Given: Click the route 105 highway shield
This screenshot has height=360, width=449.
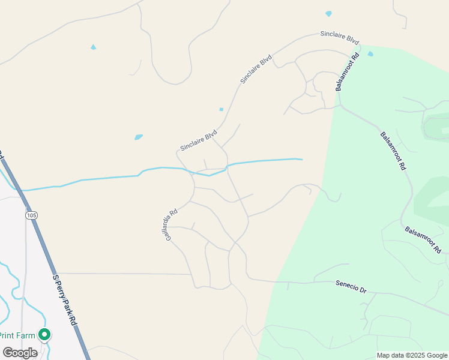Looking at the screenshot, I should click(31, 215).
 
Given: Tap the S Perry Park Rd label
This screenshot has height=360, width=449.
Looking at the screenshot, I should click(65, 300).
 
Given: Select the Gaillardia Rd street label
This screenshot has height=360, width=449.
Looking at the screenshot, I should click(172, 224).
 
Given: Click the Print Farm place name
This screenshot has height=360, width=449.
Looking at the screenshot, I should click(17, 335).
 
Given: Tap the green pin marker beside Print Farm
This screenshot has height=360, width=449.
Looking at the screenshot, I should click(44, 334).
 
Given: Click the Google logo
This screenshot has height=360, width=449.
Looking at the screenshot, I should click(20, 352).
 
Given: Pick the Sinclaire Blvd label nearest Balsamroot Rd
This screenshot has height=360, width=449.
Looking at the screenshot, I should click(339, 38).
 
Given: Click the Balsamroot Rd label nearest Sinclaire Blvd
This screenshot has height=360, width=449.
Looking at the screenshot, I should click(348, 71).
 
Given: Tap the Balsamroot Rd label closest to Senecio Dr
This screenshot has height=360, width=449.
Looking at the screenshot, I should click(423, 239).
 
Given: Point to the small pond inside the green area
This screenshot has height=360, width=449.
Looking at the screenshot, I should click(370, 54).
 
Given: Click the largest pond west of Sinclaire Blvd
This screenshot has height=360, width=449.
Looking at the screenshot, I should click(139, 137).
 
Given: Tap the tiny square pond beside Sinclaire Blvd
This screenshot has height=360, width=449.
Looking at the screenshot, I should click(221, 109).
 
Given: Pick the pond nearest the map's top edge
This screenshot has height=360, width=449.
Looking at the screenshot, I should click(328, 13).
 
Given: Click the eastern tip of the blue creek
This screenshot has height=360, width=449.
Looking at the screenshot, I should click(301, 159).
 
